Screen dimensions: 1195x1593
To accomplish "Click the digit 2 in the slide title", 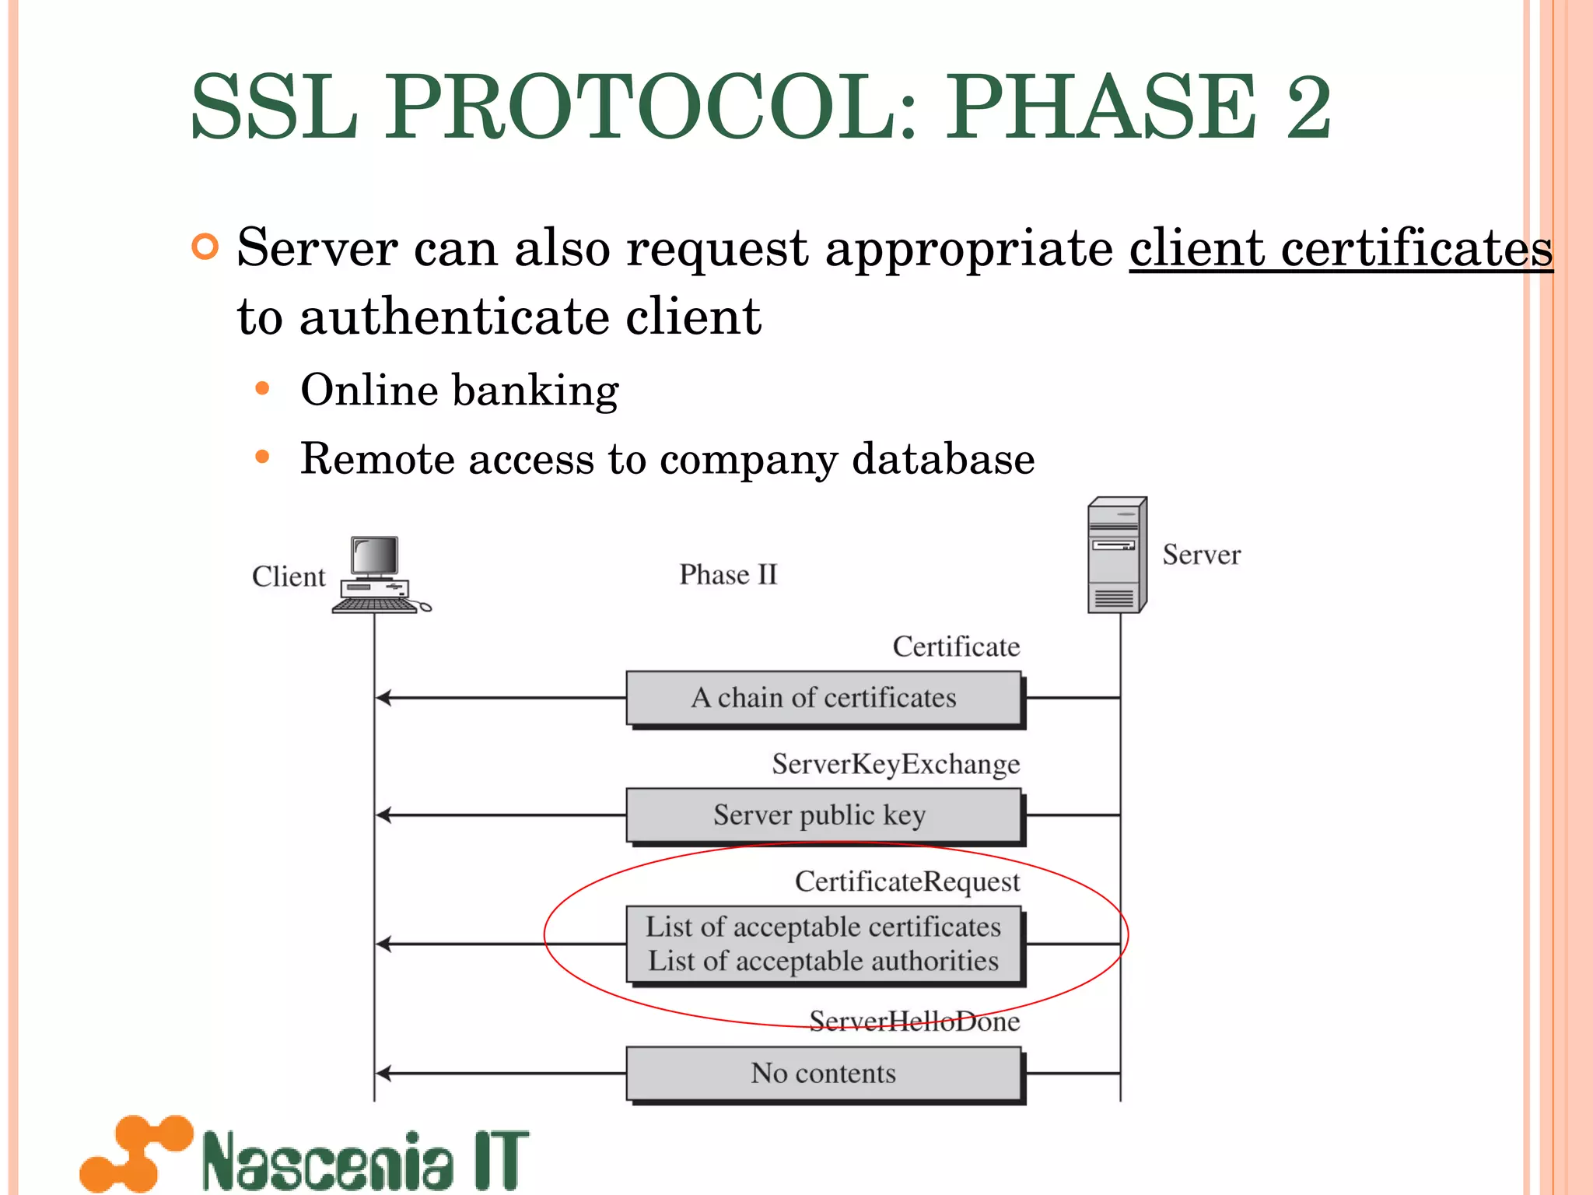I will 1309,107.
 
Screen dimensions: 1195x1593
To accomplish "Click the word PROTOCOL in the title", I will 652,107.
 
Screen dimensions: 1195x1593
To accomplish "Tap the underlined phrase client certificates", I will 1340,249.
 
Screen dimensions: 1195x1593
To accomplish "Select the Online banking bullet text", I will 459,390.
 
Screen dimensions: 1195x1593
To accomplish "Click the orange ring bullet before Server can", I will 205,247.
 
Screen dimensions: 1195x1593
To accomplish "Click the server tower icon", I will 1117,555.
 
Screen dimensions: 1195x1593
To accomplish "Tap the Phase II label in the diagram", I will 728,575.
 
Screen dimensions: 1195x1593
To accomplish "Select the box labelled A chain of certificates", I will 824,698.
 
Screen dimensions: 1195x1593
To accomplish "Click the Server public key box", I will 824,815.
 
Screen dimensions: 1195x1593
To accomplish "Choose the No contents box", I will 824,1074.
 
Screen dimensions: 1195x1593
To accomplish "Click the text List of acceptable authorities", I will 824,962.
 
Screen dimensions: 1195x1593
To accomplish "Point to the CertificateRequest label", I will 907,881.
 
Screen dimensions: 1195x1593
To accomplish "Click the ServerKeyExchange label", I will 895,764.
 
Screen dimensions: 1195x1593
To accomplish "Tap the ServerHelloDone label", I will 914,1021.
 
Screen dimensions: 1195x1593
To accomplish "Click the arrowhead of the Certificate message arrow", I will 383,698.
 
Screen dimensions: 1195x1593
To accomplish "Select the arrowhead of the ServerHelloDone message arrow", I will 383,1074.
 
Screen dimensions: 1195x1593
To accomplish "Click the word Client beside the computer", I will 289,576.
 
